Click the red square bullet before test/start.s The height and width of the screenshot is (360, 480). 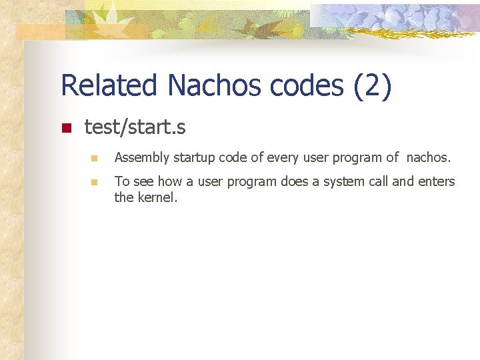65,128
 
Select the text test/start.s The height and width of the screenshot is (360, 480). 135,127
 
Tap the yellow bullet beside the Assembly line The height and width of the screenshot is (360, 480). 95,159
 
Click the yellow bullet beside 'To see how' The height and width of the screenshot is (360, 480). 95,182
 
